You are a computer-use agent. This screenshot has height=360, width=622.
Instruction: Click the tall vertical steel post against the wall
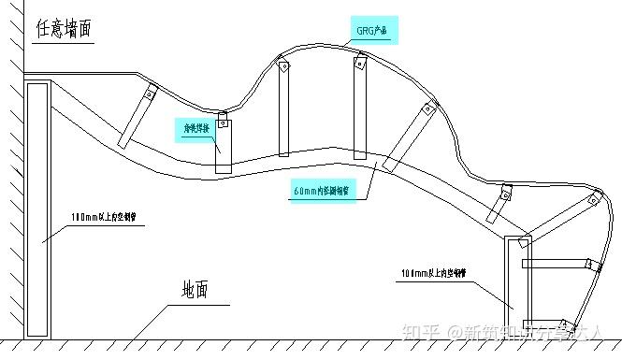click(37, 209)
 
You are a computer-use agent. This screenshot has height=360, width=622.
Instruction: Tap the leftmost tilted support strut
click(137, 118)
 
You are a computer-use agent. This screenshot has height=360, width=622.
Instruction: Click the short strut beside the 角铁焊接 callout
click(223, 144)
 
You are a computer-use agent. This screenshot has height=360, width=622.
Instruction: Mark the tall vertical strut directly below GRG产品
click(359, 108)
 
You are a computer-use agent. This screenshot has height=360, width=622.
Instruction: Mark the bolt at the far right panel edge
click(594, 198)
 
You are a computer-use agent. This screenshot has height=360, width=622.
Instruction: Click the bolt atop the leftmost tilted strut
click(151, 93)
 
